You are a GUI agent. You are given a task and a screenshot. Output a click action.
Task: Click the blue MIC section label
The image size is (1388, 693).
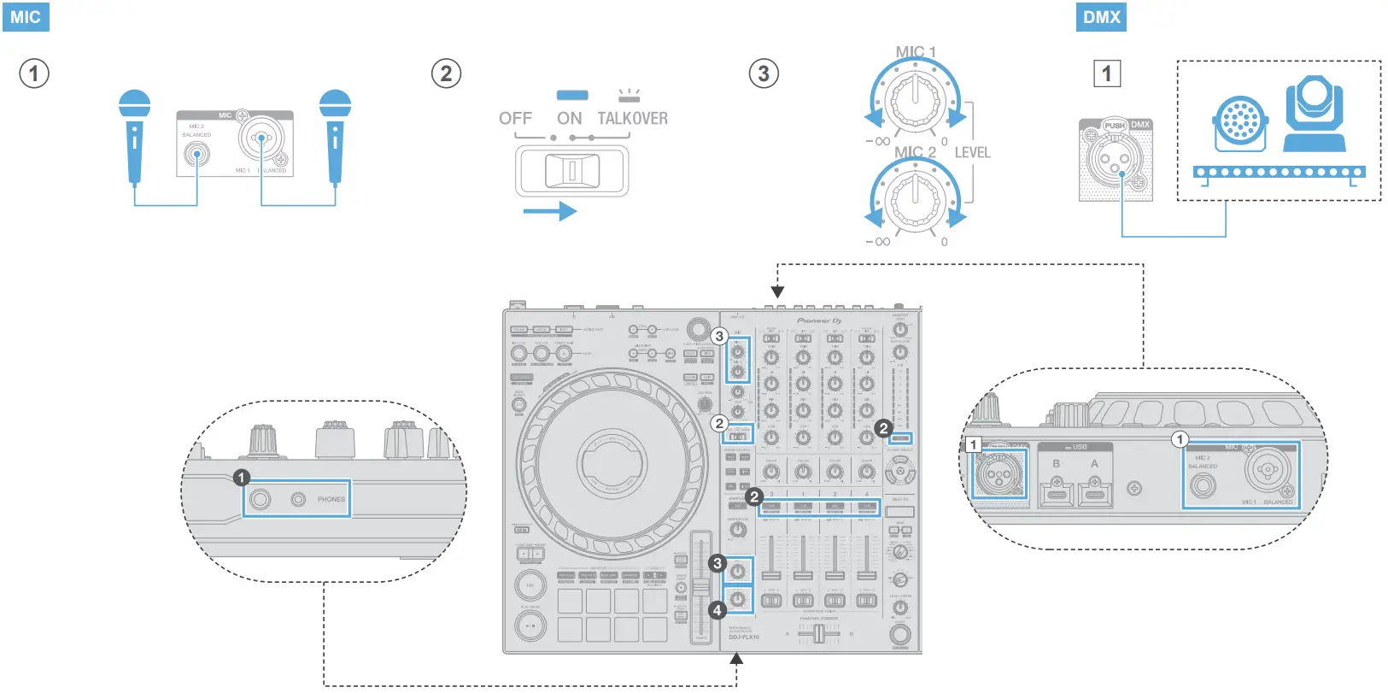(x=26, y=17)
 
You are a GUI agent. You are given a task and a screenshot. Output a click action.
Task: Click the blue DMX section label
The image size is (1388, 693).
(x=1101, y=17)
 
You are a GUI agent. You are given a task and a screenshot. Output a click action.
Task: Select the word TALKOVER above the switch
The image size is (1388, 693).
(x=632, y=119)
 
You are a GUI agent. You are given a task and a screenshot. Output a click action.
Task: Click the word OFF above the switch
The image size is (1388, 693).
(x=515, y=119)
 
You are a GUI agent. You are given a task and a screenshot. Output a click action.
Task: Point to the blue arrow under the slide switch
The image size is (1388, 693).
(x=549, y=210)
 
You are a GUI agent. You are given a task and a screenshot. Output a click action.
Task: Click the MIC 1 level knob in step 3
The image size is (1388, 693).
(x=915, y=100)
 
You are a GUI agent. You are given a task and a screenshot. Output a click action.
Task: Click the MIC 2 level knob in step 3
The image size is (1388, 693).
(x=915, y=199)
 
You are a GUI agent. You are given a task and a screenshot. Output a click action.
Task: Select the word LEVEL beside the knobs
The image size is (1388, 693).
(x=972, y=153)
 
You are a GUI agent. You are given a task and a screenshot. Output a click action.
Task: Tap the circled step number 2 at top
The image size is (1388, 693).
(x=446, y=73)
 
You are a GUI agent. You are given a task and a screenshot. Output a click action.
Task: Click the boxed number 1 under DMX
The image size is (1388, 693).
(x=1107, y=73)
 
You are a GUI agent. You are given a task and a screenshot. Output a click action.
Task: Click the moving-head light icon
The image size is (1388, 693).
(x=1315, y=114)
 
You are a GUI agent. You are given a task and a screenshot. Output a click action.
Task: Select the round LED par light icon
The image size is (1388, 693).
(x=1240, y=122)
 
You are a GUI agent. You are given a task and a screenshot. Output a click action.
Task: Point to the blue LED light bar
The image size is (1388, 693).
(x=1279, y=173)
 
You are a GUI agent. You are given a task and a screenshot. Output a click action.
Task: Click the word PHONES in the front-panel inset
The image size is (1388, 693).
(x=331, y=499)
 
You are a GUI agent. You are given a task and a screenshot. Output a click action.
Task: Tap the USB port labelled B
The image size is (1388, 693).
(x=1056, y=491)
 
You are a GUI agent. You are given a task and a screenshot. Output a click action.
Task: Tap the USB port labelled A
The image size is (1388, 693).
(x=1094, y=491)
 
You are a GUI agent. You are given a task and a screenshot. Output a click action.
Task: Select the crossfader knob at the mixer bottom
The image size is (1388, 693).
(x=819, y=633)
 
